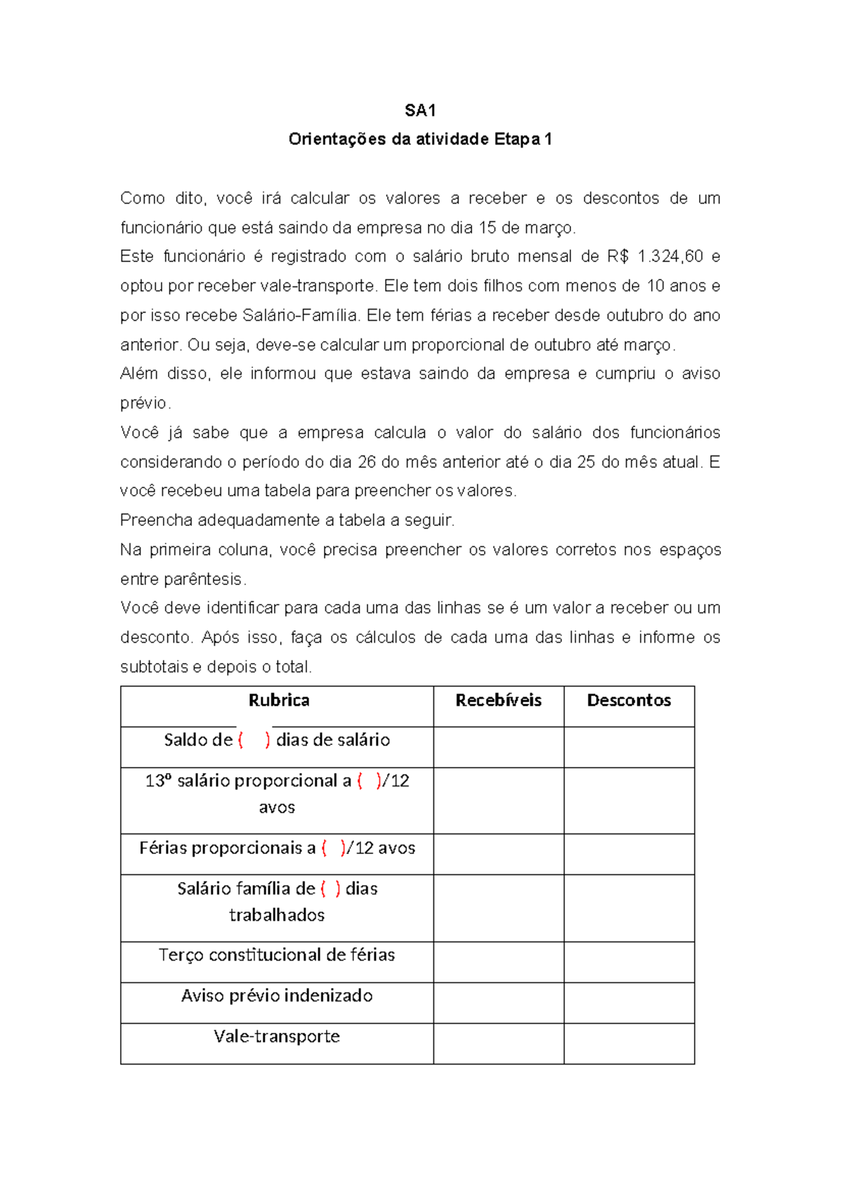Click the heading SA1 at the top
click(x=420, y=110)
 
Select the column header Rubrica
click(x=279, y=700)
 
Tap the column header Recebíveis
click(x=498, y=700)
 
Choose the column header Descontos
click(x=629, y=700)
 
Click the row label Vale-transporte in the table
click(x=277, y=1037)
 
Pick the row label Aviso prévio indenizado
click(x=277, y=996)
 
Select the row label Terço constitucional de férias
click(x=277, y=955)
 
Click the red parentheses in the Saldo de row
click(x=254, y=740)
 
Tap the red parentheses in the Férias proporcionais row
click(x=333, y=848)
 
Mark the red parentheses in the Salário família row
click(x=330, y=889)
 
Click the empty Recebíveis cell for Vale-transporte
click(x=498, y=1044)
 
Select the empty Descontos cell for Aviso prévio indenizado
click(x=629, y=1003)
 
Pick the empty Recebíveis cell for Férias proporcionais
click(x=498, y=854)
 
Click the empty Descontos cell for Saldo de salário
click(x=629, y=747)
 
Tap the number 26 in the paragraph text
click(x=367, y=462)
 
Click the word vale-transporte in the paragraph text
click(x=318, y=286)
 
